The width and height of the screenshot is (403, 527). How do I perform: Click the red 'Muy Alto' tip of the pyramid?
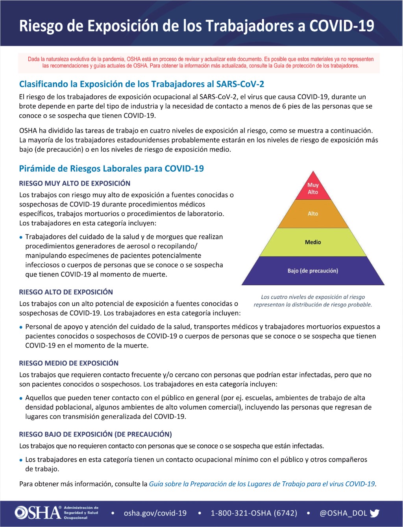[x=313, y=188]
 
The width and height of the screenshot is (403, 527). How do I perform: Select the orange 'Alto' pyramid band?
[x=313, y=214]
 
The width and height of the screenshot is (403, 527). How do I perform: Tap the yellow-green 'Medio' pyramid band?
[x=313, y=242]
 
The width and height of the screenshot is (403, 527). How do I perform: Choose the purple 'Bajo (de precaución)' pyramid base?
[x=313, y=271]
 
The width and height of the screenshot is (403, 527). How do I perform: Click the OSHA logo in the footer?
[x=38, y=512]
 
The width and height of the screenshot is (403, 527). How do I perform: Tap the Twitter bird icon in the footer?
[x=375, y=513]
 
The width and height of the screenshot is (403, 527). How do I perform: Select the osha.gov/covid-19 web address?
[x=155, y=513]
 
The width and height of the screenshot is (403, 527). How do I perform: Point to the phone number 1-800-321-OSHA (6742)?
[x=254, y=513]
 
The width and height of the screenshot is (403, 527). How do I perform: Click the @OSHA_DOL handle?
[x=343, y=513]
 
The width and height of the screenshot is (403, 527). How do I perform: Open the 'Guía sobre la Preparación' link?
[x=262, y=484]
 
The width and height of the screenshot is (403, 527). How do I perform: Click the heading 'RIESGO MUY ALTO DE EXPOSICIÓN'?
[x=75, y=184]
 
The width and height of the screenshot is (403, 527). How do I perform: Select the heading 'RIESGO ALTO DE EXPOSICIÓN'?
[x=66, y=292]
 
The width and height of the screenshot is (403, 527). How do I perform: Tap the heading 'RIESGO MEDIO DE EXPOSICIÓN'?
[x=69, y=363]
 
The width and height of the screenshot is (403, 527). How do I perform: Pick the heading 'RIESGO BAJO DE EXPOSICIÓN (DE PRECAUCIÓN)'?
[x=96, y=434]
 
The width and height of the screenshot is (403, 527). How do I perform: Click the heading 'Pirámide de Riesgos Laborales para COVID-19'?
[x=111, y=169]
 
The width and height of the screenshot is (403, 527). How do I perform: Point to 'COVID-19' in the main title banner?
[x=342, y=26]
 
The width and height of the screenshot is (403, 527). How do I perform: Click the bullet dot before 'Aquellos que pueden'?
[x=21, y=399]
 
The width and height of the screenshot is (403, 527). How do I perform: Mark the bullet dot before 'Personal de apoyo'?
[x=21, y=327]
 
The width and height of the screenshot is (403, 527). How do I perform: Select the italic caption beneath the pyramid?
[x=313, y=301]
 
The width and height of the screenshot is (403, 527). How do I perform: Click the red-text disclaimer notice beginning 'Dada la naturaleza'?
[x=201, y=63]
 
